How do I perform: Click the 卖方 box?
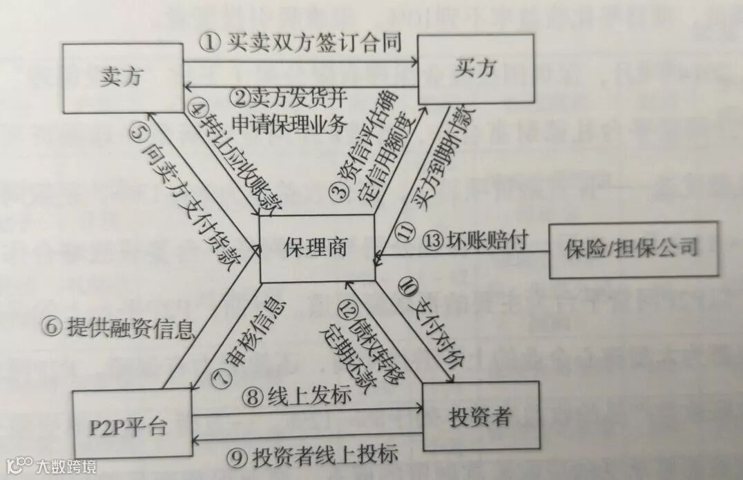tap(122, 78)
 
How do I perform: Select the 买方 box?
tap(476, 70)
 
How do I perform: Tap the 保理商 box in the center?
tap(317, 247)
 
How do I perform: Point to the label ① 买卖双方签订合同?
tap(300, 44)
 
